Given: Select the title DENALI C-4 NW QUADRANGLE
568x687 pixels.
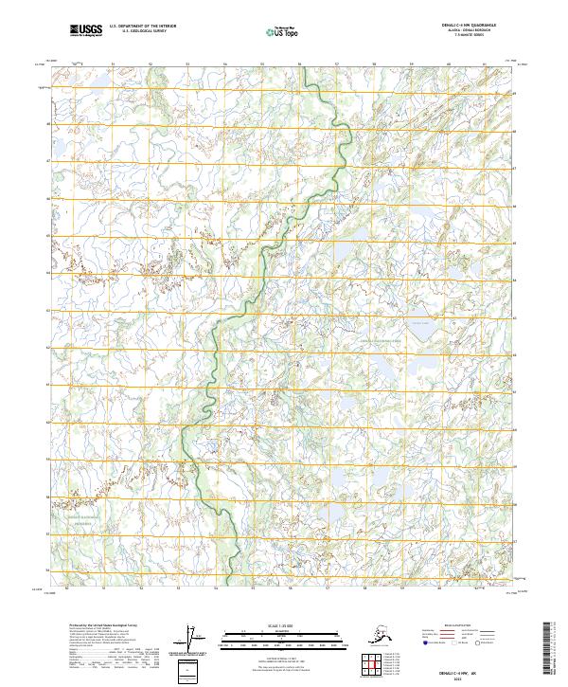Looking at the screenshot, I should point(467,27).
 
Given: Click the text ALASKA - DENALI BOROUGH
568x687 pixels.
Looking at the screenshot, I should point(467,32).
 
